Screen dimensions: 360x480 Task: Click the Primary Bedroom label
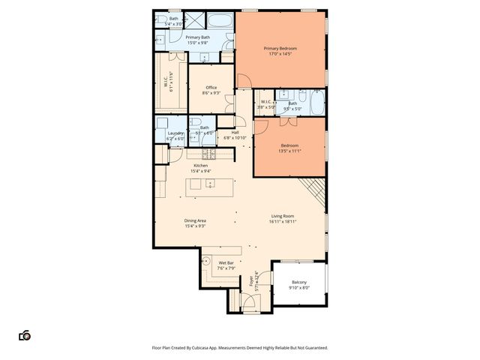[x=281, y=49]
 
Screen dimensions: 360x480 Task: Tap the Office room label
[x=212, y=88]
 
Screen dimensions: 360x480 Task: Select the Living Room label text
[x=283, y=216]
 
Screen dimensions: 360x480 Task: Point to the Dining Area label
[x=195, y=220]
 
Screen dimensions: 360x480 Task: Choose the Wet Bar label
[x=226, y=262]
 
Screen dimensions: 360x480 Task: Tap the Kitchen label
[x=200, y=165]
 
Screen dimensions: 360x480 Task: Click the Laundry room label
[x=165, y=133]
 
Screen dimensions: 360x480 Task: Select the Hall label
[x=235, y=133]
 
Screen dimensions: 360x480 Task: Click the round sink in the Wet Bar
[x=207, y=263]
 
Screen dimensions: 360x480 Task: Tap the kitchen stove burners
[x=208, y=154]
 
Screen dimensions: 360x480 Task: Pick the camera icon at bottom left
[x=25, y=335]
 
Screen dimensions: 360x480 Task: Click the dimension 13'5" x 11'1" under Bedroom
[x=289, y=151]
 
